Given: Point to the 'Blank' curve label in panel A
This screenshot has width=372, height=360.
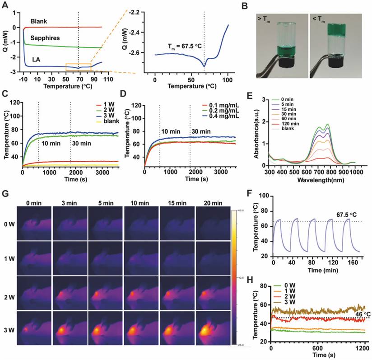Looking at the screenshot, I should point(39,21).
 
